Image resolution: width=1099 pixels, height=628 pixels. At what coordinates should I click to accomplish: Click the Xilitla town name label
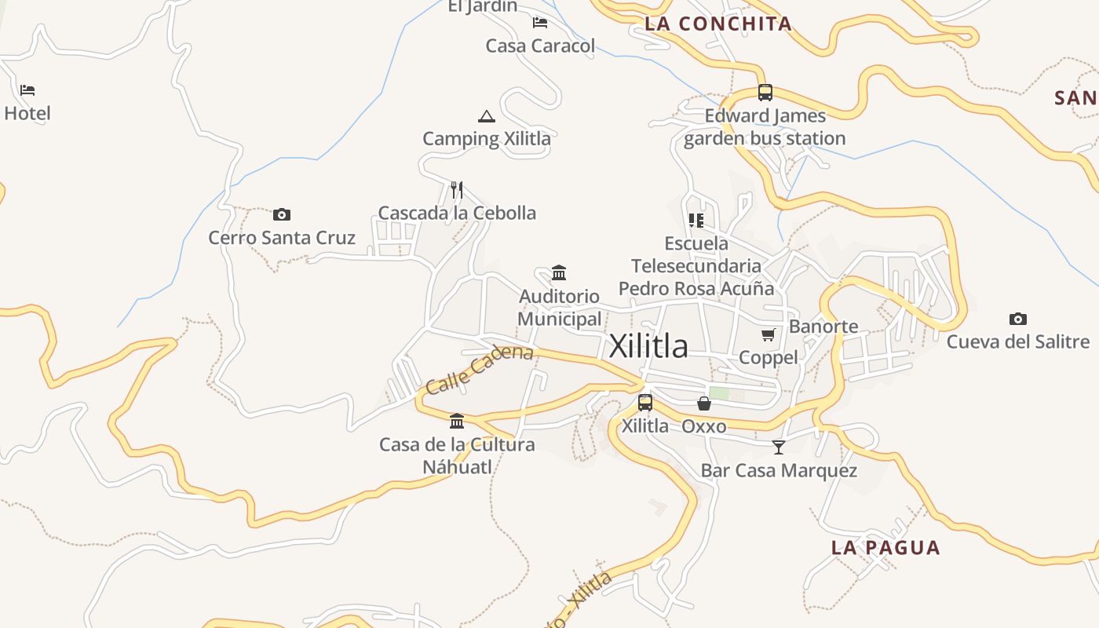point(648,346)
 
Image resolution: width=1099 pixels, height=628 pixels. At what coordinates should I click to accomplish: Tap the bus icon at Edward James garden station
point(765,93)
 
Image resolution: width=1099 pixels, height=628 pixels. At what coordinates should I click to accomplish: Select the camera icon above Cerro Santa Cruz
point(282,214)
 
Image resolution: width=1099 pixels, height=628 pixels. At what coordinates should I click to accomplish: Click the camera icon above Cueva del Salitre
point(1018,319)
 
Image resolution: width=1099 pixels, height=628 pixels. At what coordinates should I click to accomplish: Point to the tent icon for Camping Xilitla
point(487,117)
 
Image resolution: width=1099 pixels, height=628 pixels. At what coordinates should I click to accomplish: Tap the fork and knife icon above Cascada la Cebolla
point(457,190)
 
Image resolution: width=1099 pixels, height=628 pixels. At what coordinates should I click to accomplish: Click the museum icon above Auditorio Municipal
point(559,273)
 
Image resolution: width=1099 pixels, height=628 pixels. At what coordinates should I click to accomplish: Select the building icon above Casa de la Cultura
point(457,422)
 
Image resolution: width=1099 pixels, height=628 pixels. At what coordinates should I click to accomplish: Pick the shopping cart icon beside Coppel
point(769,335)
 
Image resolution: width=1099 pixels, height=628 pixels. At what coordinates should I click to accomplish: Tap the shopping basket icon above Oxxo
point(704,403)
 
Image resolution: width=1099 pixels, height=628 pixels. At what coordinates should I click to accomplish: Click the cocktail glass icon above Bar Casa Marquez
point(779,447)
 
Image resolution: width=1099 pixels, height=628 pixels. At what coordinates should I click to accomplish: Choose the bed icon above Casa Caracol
point(540,23)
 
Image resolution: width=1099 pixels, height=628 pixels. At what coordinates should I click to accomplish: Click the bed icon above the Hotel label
point(27,90)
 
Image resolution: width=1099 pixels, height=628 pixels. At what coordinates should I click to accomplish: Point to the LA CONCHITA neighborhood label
point(718,24)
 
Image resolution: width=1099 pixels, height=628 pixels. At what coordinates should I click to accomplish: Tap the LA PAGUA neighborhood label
point(885,548)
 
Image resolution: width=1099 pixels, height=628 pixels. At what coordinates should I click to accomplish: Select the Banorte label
point(823,327)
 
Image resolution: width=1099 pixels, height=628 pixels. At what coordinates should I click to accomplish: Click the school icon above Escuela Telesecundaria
point(696,221)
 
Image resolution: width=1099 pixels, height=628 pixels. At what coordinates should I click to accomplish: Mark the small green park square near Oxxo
point(719,393)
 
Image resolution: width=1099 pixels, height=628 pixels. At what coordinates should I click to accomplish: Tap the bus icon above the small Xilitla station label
point(645,403)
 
